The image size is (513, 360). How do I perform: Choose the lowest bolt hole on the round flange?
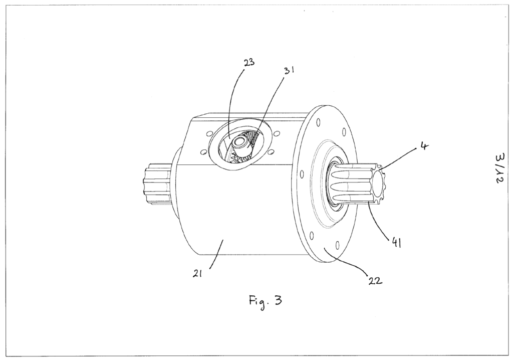coord(337,244)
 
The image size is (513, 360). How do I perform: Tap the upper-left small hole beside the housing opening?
coord(209,133)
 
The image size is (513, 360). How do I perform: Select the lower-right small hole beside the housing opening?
coord(271,151)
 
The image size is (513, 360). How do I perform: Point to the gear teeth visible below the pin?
coord(241,160)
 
